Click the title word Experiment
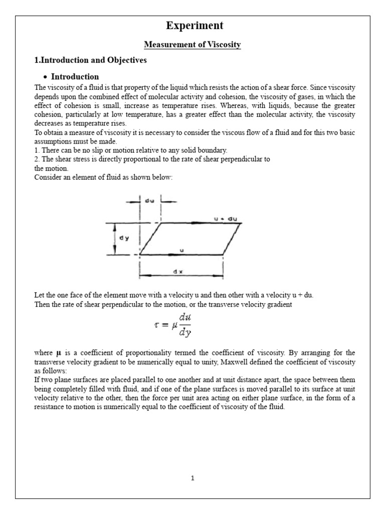[x=192, y=26]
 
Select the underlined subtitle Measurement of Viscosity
[x=192, y=45]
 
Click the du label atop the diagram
[x=150, y=199]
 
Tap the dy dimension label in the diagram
[x=124, y=238]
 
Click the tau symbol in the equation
[x=156, y=324]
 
